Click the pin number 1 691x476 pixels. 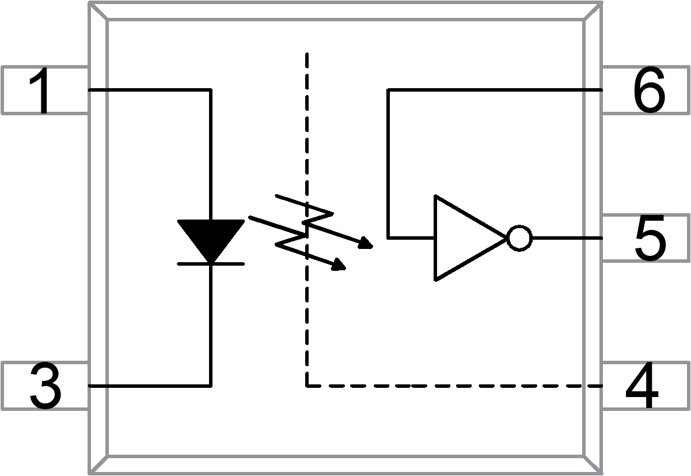point(44,90)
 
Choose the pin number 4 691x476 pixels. point(642,387)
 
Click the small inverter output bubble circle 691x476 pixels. point(519,238)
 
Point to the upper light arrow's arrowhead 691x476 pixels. point(365,245)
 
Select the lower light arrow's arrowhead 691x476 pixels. point(339,266)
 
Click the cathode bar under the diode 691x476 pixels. point(211,264)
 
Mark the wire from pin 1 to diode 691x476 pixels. point(150,90)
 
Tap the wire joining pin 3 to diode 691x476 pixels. point(150,386)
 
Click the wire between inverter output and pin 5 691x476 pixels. point(567,238)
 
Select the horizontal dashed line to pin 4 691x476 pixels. point(455,386)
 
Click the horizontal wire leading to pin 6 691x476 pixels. point(495,90)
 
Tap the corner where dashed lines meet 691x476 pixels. point(307,386)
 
